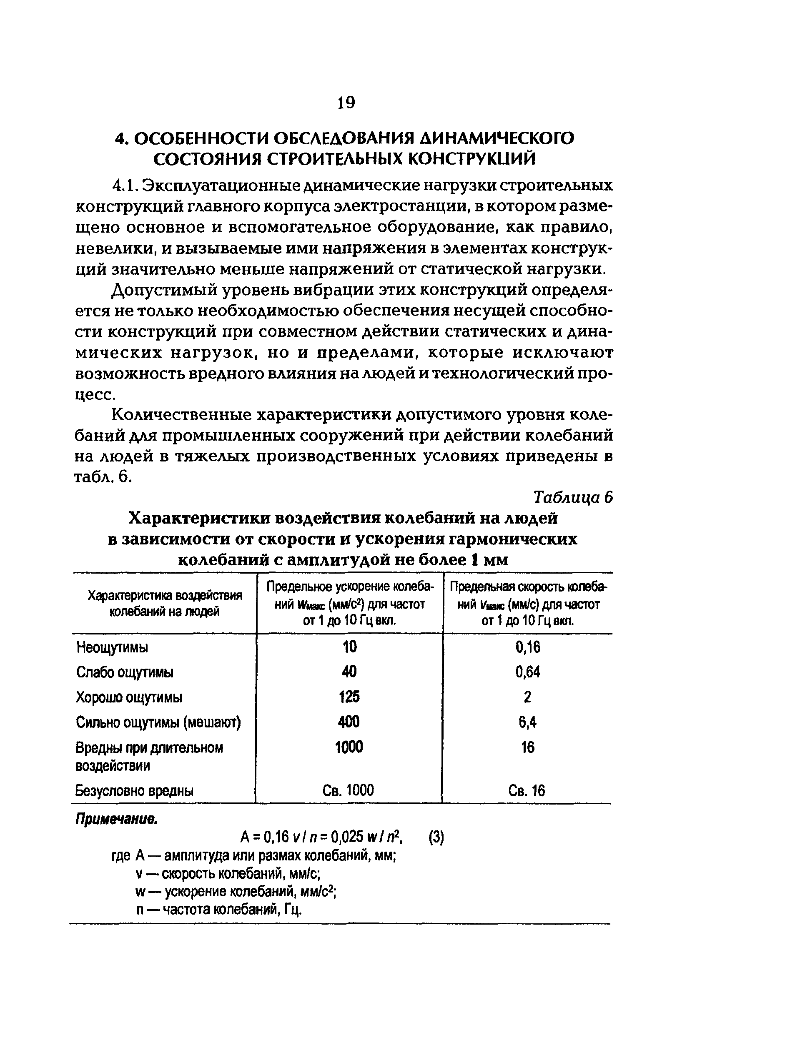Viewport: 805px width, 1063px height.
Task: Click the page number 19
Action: click(x=346, y=103)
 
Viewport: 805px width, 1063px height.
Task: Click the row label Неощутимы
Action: click(x=112, y=647)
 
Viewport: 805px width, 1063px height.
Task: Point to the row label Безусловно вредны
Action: click(x=135, y=790)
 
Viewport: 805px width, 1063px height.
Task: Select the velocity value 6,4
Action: click(x=528, y=722)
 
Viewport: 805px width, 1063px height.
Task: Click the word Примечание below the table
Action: click(x=116, y=820)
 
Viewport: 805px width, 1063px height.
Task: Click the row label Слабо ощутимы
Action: click(x=125, y=672)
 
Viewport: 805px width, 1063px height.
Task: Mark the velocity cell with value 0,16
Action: click(x=528, y=647)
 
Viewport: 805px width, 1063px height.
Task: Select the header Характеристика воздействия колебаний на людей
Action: click(x=165, y=604)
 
